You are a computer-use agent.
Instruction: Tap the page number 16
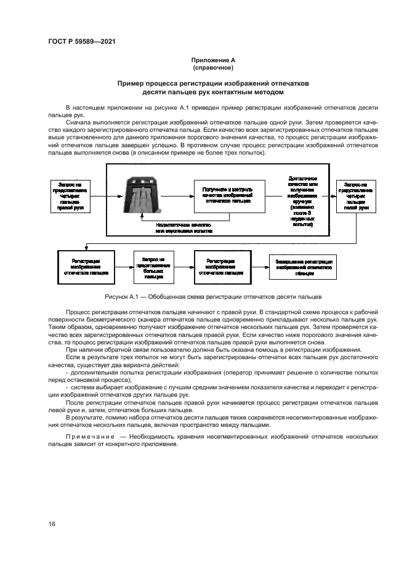(52, 524)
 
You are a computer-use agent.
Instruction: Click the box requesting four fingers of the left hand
(356, 197)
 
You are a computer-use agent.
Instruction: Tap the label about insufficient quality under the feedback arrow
(193, 228)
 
